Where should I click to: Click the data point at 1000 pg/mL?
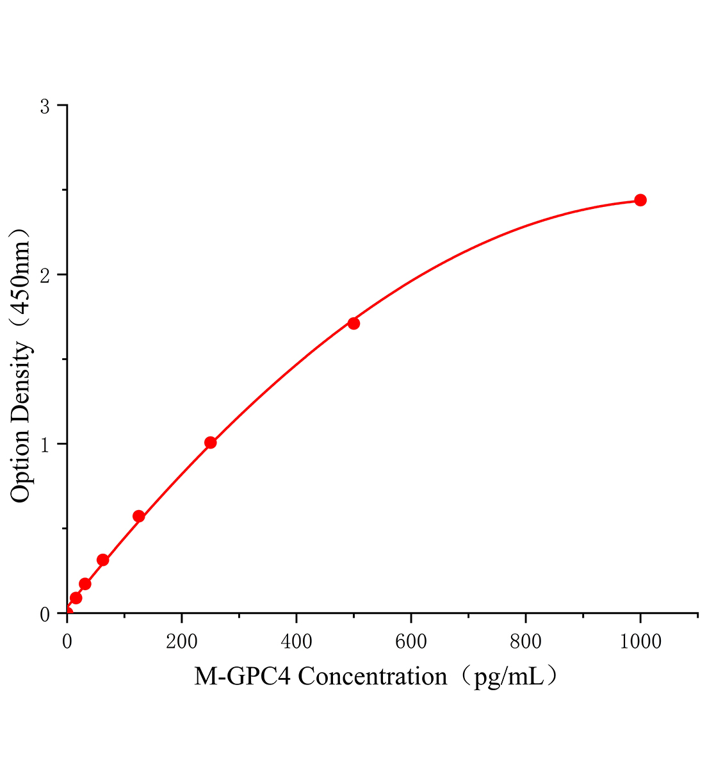640,200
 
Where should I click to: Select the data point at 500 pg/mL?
353,323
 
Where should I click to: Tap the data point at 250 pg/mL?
210,442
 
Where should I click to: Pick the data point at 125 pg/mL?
138,516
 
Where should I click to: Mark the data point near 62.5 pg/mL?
102,559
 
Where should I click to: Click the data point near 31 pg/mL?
85,583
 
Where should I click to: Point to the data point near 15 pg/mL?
76,598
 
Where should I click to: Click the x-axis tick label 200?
182,641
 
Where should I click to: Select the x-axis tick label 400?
297,641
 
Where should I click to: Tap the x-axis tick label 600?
411,641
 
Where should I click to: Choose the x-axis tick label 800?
526,641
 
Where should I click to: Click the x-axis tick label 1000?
640,641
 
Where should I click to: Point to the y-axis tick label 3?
45,106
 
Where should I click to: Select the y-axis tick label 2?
45,276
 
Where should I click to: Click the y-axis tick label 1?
45,445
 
